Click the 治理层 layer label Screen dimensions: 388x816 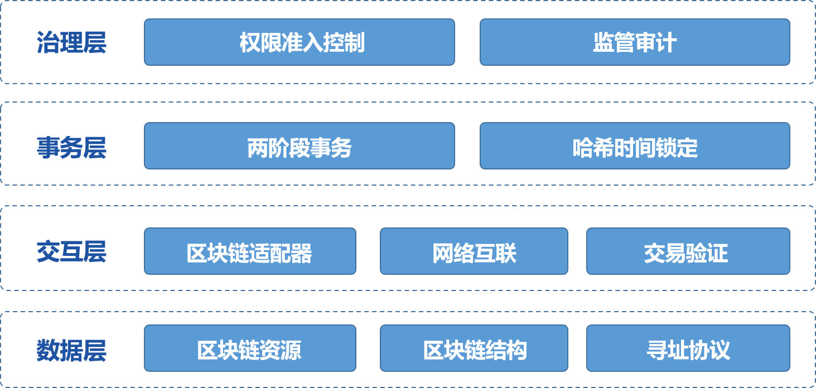point(71,43)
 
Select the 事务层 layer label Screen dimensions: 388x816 point(71,148)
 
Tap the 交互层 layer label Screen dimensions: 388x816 point(71,252)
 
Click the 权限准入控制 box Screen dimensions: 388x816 point(300,42)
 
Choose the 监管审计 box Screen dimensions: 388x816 point(635,42)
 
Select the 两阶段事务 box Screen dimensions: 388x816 point(300,147)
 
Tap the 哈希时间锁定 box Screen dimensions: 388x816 point(635,147)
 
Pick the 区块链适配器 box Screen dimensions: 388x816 point(250,251)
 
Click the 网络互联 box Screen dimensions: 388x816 point(474,251)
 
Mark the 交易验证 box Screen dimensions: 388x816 point(688,251)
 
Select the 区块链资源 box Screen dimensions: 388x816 point(250,349)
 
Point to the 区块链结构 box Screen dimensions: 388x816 point(474,349)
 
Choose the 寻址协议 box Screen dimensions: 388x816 point(688,349)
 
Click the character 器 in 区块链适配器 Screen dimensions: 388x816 point(302,254)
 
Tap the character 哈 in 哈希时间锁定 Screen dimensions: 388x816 point(583,148)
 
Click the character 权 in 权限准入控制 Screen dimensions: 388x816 point(250,43)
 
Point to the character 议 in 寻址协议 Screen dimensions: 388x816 point(720,351)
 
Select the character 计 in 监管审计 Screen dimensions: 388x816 point(667,43)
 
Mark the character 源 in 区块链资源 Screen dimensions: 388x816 point(291,351)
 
